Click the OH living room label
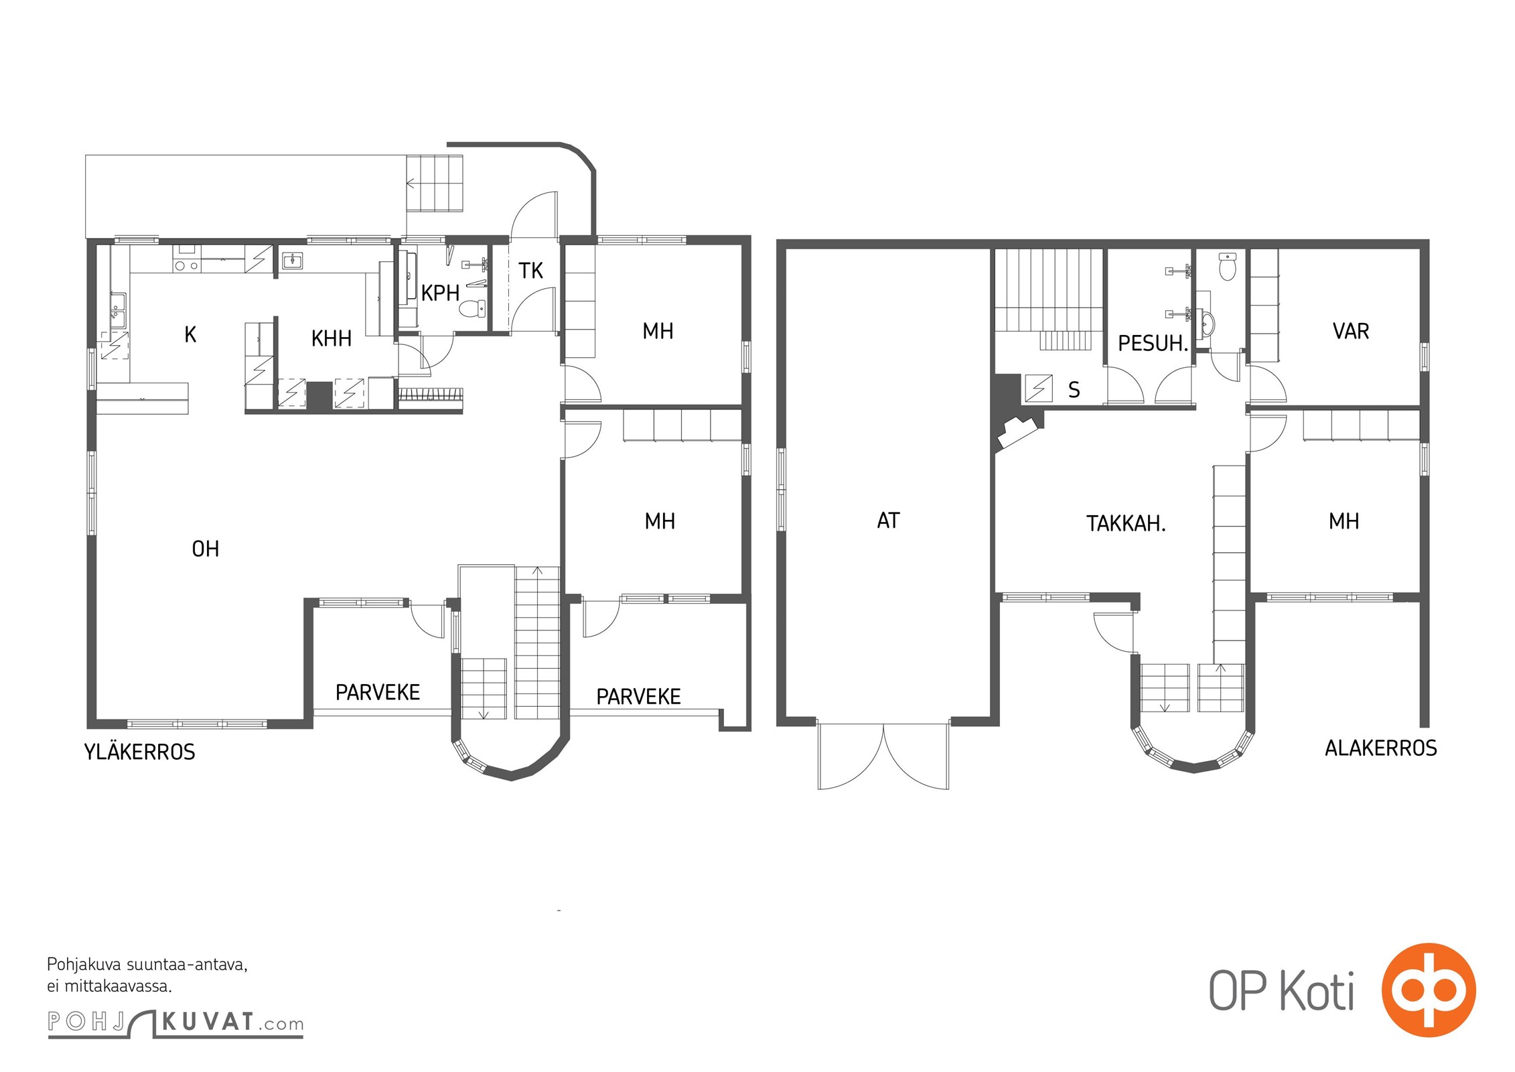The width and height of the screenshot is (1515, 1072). [x=205, y=549]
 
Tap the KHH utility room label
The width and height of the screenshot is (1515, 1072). [x=331, y=338]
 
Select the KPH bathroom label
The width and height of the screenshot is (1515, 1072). [x=440, y=293]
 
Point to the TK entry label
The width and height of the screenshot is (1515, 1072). [x=530, y=271]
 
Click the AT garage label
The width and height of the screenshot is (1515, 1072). [x=888, y=521]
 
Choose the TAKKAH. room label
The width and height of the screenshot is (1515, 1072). [x=1126, y=523]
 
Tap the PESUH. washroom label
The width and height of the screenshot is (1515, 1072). [x=1153, y=343]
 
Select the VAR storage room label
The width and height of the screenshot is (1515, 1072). [x=1351, y=331]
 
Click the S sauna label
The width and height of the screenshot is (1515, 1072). [x=1074, y=389]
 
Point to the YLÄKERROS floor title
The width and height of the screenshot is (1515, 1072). [x=140, y=752]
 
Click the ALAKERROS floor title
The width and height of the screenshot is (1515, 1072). [x=1381, y=748]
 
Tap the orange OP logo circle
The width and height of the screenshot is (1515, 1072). [x=1429, y=990]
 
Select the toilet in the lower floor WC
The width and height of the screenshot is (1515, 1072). [x=1227, y=267]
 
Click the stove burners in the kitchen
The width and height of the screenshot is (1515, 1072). [x=186, y=265]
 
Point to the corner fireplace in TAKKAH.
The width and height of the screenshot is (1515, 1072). [x=1017, y=432]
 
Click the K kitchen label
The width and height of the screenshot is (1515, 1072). [x=190, y=334]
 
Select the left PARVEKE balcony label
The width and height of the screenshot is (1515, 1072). [x=378, y=692]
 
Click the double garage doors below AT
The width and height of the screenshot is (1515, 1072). [x=883, y=756]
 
